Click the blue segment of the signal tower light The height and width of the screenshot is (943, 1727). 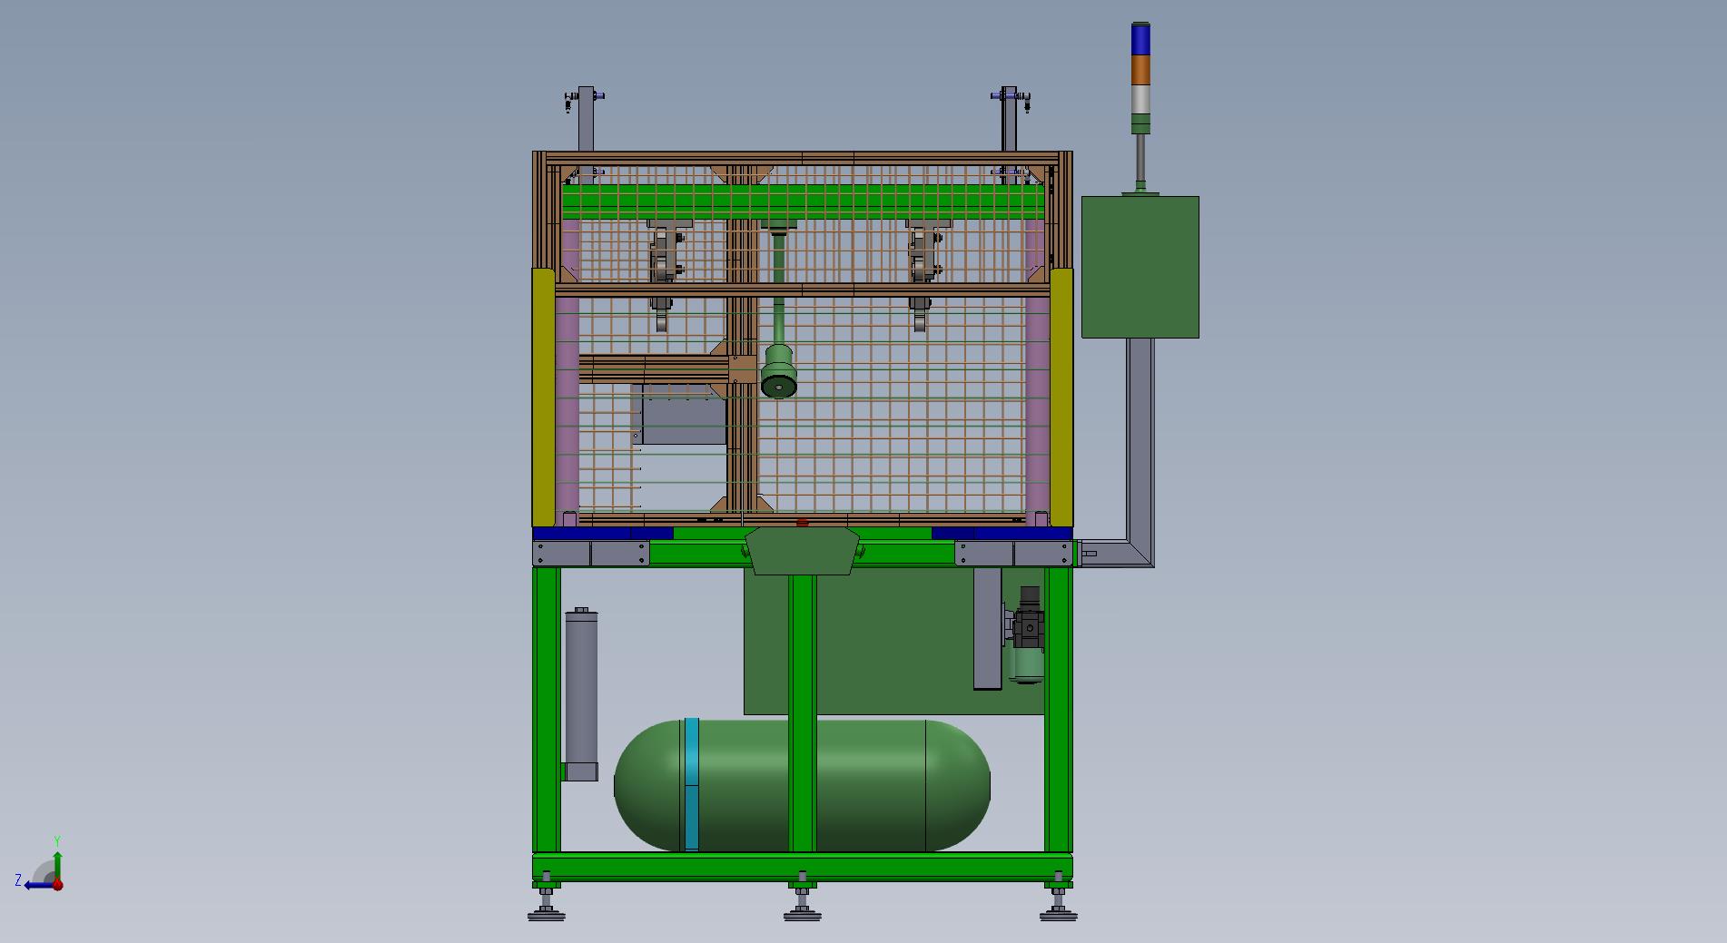1140,40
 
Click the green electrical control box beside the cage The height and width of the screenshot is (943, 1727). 1140,267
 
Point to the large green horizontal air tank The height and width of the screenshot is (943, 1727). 802,786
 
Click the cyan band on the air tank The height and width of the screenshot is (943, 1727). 692,784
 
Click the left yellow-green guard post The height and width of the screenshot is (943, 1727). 543,398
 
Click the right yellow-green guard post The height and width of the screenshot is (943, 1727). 1061,398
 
